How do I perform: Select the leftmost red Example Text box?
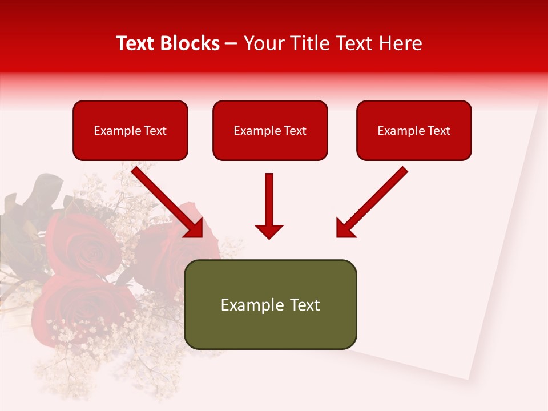point(130,130)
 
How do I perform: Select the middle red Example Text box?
point(270,130)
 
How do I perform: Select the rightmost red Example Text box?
point(414,130)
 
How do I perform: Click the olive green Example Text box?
point(270,304)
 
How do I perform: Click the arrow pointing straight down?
point(269,205)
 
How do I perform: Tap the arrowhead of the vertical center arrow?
point(269,231)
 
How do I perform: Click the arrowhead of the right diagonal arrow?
point(345,228)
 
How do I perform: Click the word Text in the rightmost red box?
point(439,131)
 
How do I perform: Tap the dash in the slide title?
point(231,44)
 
